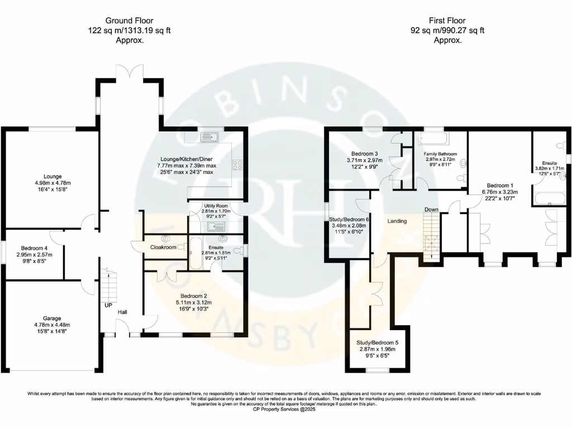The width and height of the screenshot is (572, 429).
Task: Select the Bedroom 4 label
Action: (34, 249)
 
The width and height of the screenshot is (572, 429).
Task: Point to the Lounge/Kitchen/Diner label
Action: (187, 159)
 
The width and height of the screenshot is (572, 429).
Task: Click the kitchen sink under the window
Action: (212, 136)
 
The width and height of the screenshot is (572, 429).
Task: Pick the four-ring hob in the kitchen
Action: (237, 165)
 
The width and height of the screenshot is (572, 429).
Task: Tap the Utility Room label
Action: (215, 206)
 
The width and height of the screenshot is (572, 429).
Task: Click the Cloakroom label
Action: (163, 247)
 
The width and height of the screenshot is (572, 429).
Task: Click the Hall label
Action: (123, 312)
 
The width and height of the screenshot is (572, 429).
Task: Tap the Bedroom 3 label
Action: (365, 154)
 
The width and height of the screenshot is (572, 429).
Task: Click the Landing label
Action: (397, 221)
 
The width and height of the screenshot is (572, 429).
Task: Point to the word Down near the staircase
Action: (431, 209)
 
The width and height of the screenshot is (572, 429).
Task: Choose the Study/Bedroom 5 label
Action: (377, 342)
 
